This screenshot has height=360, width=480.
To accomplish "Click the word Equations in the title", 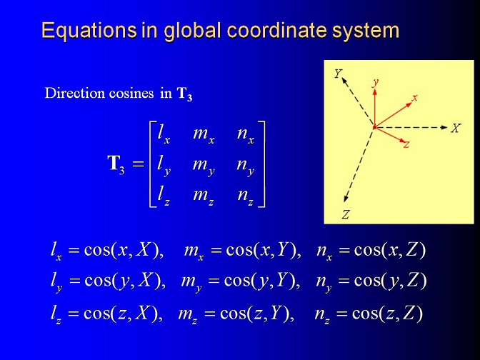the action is coord(89,31).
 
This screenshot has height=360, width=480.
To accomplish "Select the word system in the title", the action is coord(366,31).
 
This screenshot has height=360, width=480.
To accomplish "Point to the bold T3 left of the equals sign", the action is coord(116,164).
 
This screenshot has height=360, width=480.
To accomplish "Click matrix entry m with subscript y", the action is coord(204,166).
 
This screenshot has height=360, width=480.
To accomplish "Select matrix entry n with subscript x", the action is coord(246,135).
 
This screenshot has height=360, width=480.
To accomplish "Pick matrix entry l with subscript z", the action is coord(164,195).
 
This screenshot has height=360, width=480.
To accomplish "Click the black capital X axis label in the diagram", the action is coord(456,129).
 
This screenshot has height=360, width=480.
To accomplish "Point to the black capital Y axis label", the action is coord(338,74).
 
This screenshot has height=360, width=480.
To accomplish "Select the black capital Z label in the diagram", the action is coord(346,214).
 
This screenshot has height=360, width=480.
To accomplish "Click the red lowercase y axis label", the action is coord(375,82).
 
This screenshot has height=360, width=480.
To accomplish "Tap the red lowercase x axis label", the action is coord(414,98).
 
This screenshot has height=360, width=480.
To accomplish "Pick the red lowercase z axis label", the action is coord(406,144).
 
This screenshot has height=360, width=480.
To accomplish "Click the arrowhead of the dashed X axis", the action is coord(444,127).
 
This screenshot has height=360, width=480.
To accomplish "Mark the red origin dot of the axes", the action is coord(374,127).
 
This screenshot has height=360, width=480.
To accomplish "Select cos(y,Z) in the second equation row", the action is coord(390,281).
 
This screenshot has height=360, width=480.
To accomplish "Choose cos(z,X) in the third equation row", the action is coord(123,313).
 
